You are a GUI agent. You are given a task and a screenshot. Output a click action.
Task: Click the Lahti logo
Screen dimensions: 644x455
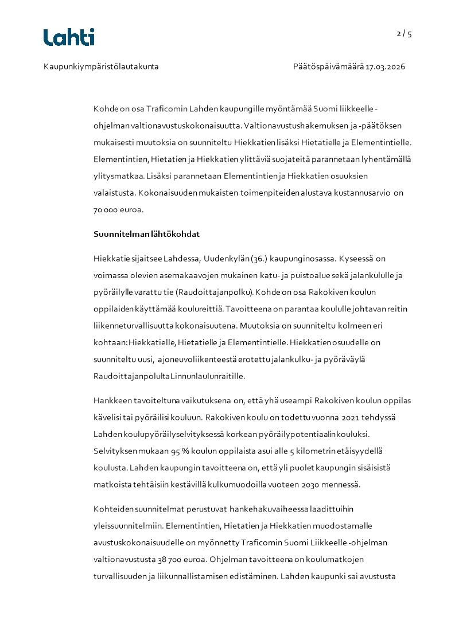(x=69, y=37)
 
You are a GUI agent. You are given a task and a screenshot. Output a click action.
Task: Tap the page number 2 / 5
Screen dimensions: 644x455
(x=405, y=33)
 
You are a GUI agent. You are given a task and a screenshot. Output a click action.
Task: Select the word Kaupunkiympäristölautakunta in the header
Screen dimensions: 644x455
(x=101, y=67)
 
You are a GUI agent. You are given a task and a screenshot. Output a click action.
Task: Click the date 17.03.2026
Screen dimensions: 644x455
(x=386, y=67)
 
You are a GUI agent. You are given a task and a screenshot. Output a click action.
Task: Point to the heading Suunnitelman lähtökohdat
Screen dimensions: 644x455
(x=146, y=234)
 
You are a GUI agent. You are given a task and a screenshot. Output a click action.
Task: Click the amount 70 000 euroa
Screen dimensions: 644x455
(x=118, y=210)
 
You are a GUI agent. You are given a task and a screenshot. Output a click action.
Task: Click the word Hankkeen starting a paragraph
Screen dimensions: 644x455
(x=110, y=400)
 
